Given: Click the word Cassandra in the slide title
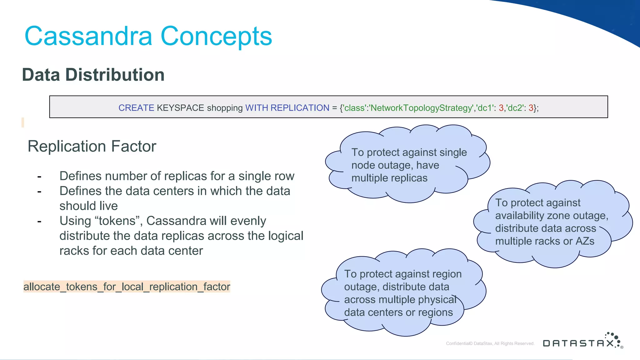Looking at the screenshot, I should coord(88,36).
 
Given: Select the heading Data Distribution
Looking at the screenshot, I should coord(93,75).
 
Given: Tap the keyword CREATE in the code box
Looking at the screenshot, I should coord(136,108).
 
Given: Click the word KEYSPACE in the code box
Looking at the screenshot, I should coord(180,108).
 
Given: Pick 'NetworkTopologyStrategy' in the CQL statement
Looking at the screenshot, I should coord(421,108).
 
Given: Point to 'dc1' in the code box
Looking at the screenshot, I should coord(485,108).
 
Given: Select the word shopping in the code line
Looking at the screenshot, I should coord(225,108).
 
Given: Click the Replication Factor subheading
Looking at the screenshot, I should coord(92,146).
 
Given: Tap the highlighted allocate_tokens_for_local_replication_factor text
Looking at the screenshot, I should coord(127,287).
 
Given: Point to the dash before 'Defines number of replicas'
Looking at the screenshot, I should coord(39,177).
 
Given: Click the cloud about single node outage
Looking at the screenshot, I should coord(406,165).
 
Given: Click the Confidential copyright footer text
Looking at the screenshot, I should coord(490,343).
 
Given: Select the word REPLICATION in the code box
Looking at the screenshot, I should coord(300,108).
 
